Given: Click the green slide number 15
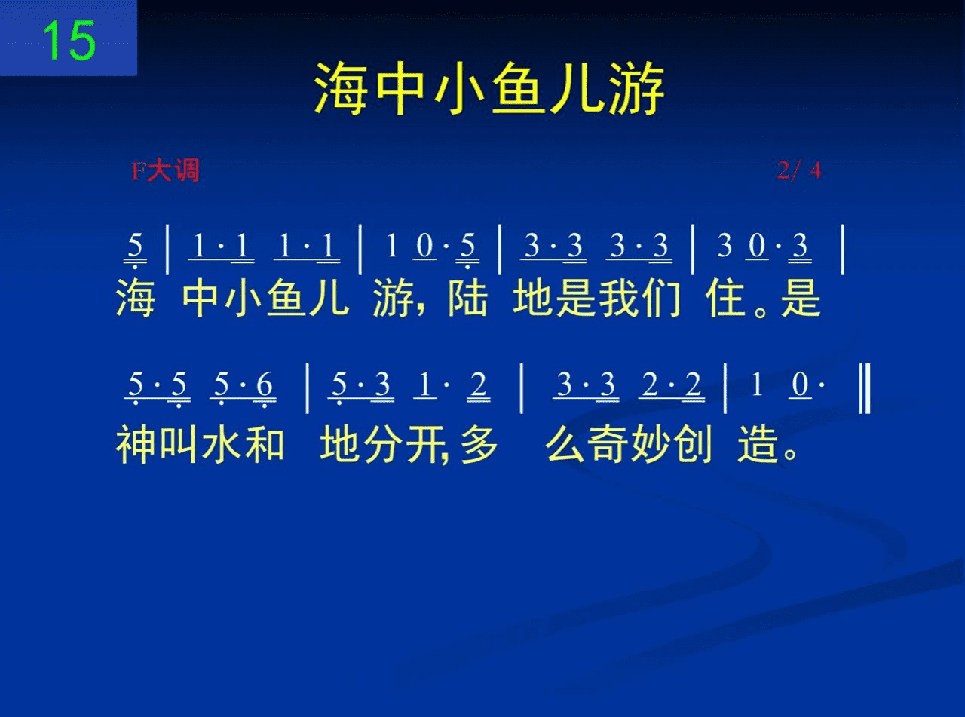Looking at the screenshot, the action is click(69, 41).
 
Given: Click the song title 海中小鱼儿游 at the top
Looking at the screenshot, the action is click(489, 89).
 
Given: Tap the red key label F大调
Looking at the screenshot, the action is click(165, 170).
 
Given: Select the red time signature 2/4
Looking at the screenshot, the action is click(800, 170).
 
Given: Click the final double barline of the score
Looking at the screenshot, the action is click(865, 388).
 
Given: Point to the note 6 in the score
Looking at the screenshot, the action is click(265, 385).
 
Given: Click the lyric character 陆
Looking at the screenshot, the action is click(467, 298).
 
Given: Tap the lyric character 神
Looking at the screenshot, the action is click(136, 444).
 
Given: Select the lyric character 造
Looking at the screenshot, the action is click(758, 444).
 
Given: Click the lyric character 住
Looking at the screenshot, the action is click(726, 298).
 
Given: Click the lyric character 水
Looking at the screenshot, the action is click(222, 444).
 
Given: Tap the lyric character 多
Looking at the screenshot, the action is click(479, 444).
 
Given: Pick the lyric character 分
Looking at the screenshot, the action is click(384, 444).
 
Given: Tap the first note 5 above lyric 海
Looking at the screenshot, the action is click(135, 246).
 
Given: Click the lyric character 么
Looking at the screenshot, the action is click(565, 444).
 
